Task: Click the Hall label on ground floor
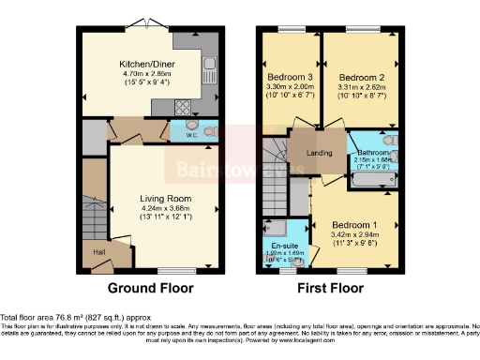pos(98,252)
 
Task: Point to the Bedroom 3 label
pos(289,77)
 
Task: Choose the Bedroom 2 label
pos(356,77)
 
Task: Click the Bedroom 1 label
pos(356,224)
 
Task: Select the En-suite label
pos(284,244)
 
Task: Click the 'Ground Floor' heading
pos(152,288)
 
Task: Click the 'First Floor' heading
pos(331,288)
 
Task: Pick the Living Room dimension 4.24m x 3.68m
pos(165,209)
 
